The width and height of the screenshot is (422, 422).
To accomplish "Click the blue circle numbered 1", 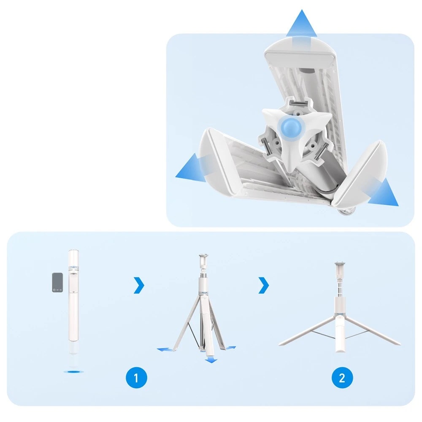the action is click(x=136, y=378).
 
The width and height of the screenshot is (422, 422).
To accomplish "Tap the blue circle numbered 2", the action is click(x=342, y=378).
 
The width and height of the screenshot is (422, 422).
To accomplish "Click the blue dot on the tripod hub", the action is click(x=292, y=127).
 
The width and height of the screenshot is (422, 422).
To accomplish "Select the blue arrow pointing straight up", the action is click(x=301, y=27).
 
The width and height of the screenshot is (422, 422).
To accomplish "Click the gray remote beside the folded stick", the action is click(x=57, y=282).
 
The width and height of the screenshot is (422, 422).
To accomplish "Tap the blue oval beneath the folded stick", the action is click(x=73, y=372).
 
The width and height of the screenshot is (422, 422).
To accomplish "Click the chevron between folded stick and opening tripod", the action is click(x=139, y=285).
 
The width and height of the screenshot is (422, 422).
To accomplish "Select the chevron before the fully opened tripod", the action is click(x=264, y=285).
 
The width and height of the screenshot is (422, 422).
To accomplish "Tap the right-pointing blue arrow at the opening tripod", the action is click(x=230, y=348).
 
